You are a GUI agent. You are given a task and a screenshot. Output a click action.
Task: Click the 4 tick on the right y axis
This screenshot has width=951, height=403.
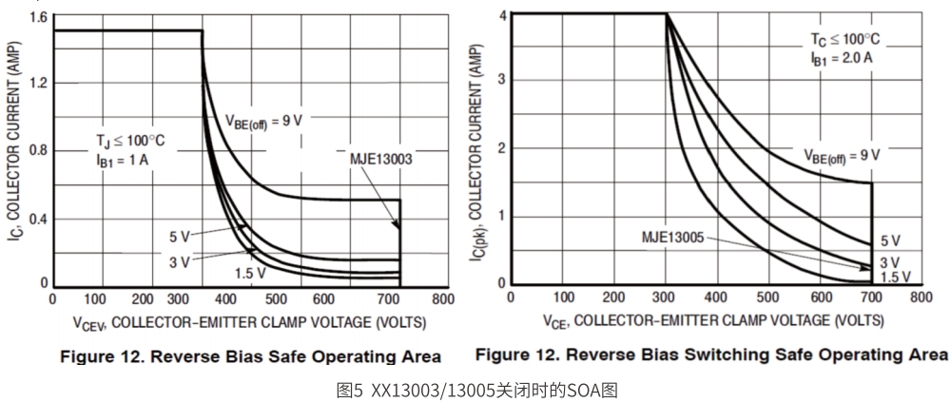pyautogui.click(x=499, y=15)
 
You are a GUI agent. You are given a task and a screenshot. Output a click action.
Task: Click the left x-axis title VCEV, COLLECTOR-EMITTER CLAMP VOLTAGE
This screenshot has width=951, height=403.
pyautogui.click(x=241, y=324)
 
